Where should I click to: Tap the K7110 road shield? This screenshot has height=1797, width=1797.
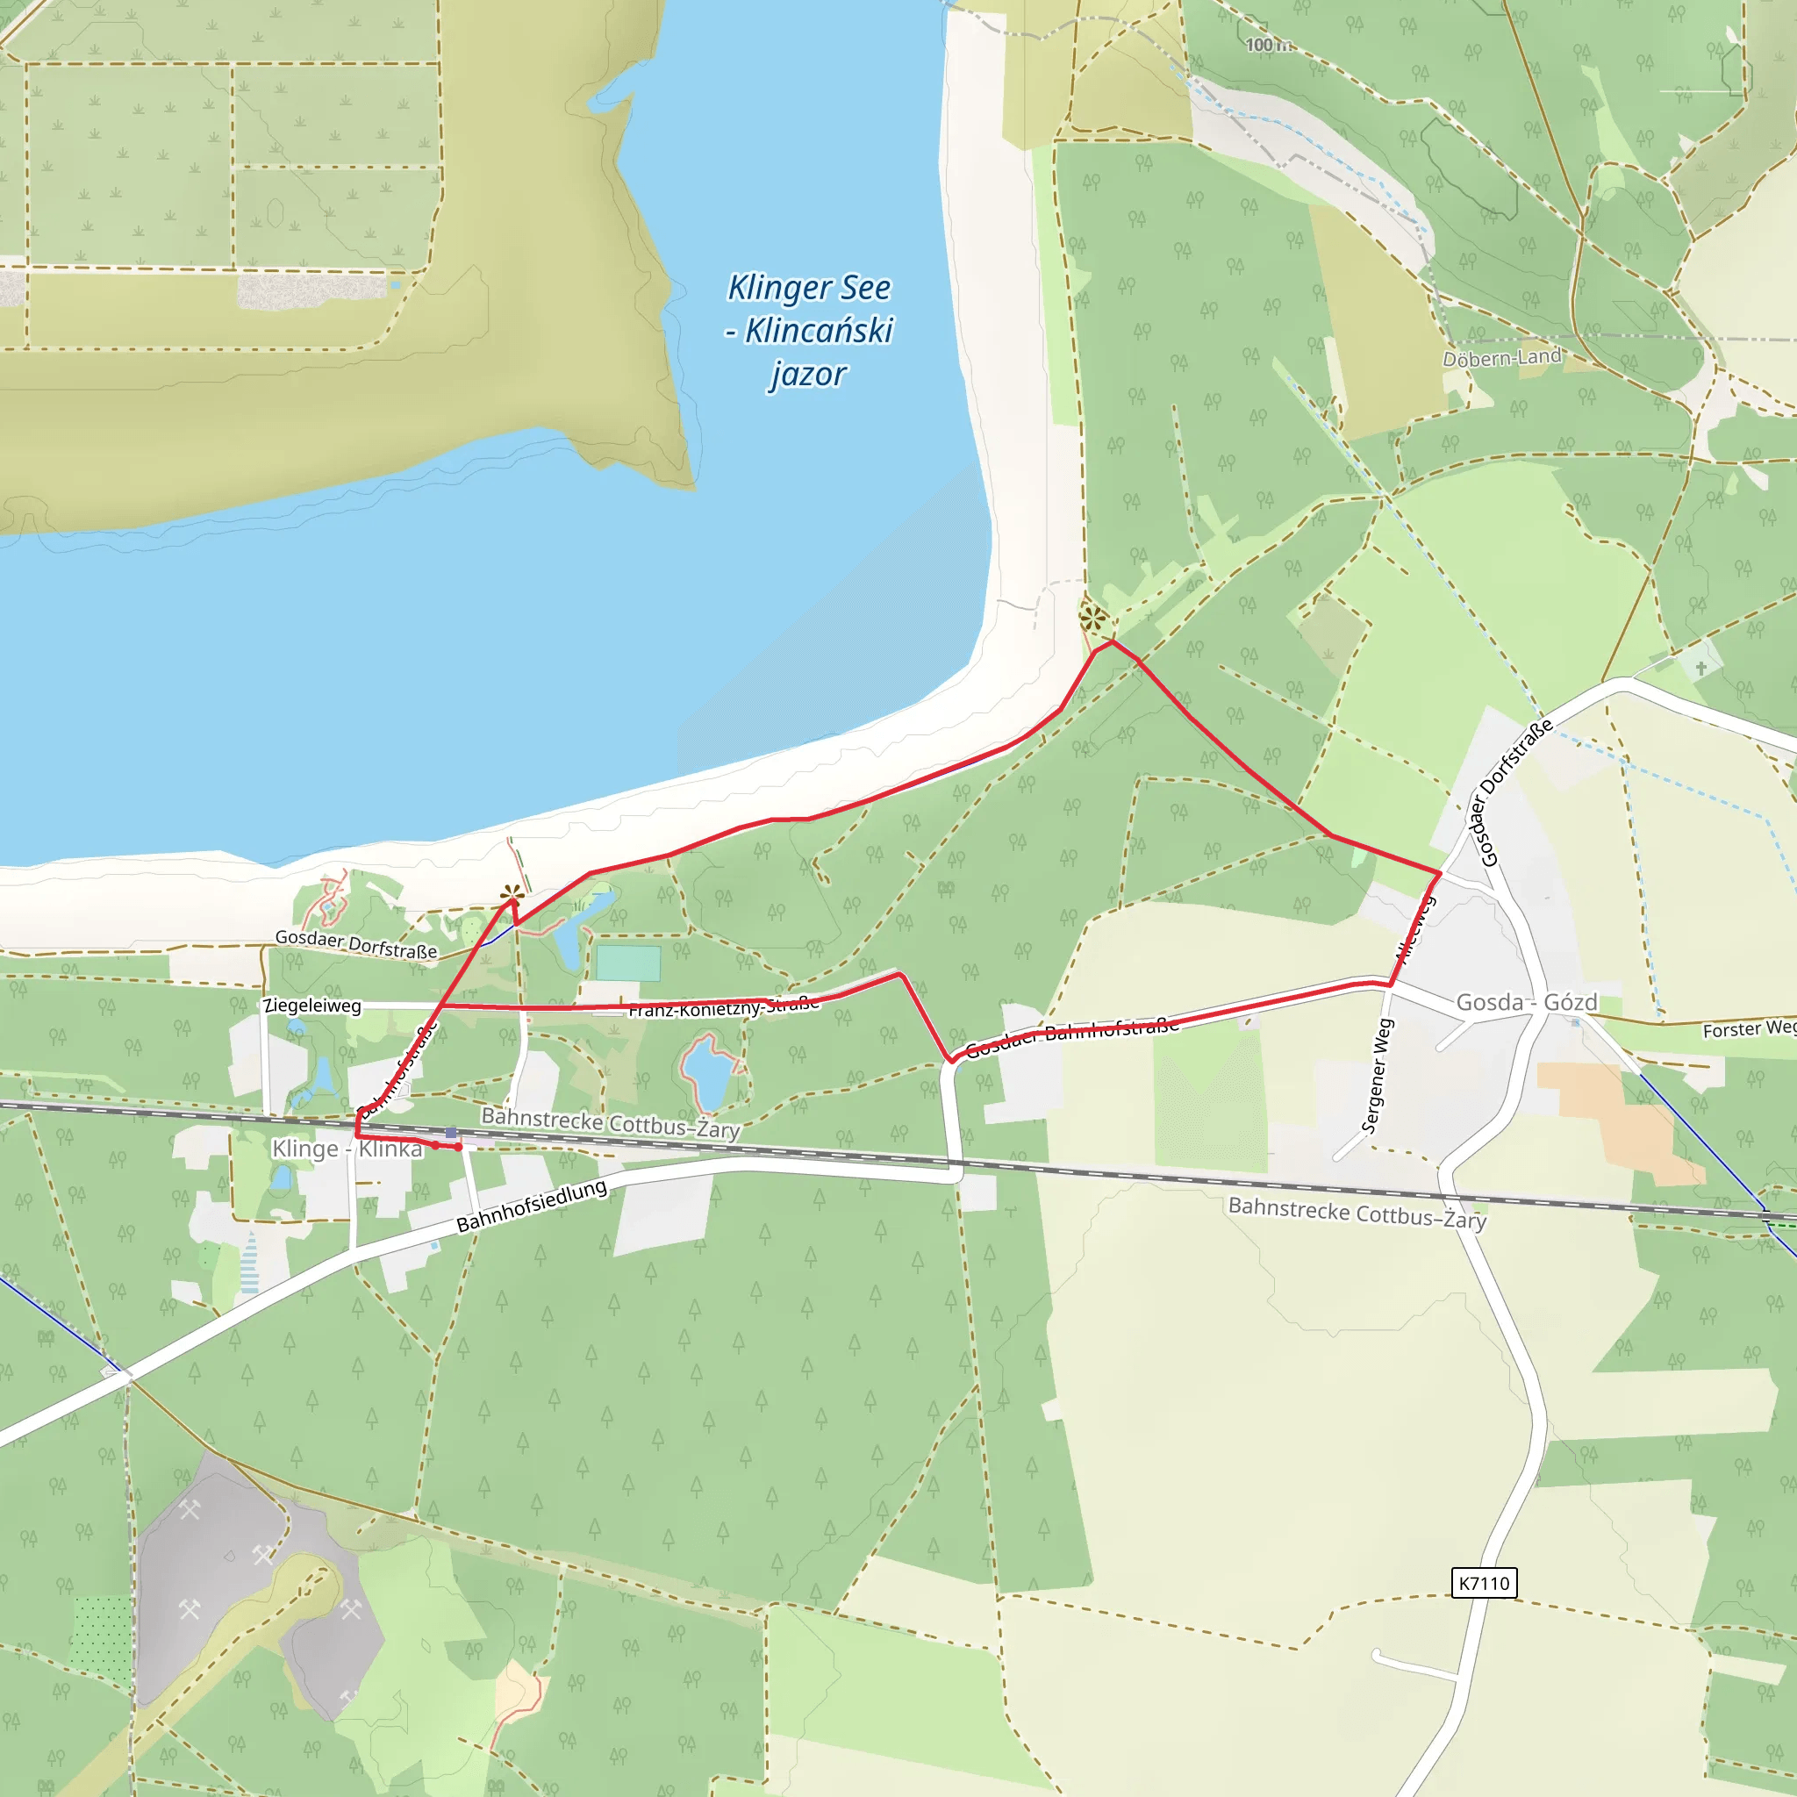1484,1582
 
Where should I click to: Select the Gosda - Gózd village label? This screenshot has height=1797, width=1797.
1527,1003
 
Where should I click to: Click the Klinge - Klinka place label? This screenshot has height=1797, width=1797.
346,1149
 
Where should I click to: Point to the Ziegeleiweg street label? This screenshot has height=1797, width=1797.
312,1006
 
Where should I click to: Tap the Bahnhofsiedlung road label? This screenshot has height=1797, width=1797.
531,1206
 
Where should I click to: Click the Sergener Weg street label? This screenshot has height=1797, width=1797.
1378,1075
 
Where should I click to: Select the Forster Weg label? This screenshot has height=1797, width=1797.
1748,1028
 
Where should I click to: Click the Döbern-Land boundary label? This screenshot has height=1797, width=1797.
1501,357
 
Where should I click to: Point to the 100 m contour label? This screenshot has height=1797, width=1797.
1267,45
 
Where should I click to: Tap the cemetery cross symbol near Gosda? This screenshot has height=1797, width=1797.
1700,668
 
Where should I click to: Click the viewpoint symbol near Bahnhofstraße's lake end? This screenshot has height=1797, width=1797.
512,894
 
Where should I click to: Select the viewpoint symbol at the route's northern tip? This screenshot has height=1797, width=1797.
1094,617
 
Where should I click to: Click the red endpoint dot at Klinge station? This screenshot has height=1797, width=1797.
459,1147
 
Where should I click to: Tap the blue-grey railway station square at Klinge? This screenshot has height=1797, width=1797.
451,1133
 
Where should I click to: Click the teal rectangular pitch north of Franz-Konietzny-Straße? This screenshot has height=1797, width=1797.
628,963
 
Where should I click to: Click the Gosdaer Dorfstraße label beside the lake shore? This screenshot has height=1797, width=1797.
355,944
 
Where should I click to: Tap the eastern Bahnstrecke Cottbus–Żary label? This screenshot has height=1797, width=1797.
1357,1213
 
